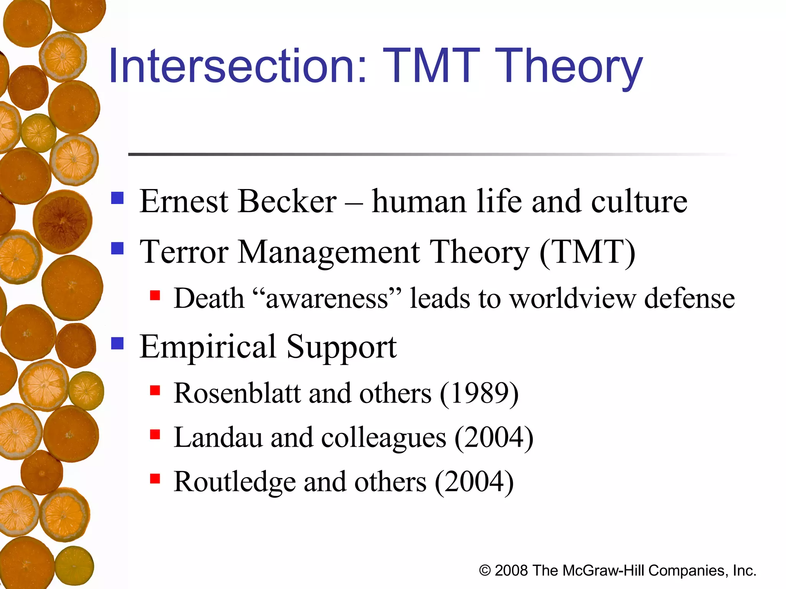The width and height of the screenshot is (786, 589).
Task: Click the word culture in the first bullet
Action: point(639,202)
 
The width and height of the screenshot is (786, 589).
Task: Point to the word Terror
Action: point(184,252)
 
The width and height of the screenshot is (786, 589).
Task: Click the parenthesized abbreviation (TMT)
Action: point(588,252)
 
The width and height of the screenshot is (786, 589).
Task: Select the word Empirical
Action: point(208,347)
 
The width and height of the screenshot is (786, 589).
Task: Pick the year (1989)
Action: point(479,393)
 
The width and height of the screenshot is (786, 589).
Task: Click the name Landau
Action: point(218,438)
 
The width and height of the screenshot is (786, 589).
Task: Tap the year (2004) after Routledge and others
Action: point(474,482)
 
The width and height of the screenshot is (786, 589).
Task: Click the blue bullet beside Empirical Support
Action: point(117,343)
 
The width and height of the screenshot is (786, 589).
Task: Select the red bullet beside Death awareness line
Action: point(155,295)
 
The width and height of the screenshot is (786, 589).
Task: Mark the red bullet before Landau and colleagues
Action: point(155,434)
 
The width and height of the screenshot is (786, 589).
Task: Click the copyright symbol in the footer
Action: point(485,571)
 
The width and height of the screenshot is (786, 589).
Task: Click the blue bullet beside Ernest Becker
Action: point(117,198)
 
